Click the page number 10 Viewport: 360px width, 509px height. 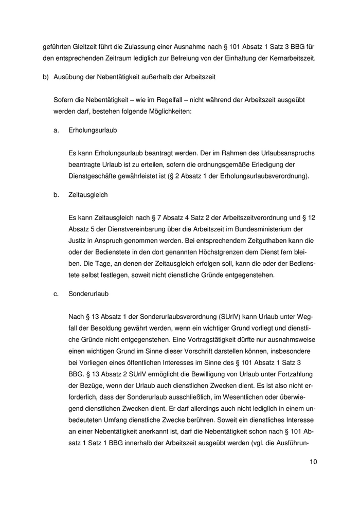pos(313,462)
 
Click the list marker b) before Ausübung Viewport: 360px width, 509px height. pos(46,77)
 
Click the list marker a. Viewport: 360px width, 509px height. pos(56,130)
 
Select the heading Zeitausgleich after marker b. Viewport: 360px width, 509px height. pos(87,195)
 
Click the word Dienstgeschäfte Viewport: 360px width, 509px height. pos(96,176)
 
